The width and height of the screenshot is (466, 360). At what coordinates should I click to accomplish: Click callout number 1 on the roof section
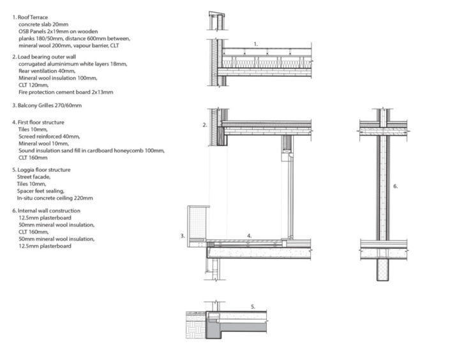[x=256, y=44]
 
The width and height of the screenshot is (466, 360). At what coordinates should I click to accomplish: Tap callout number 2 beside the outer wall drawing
[x=205, y=125]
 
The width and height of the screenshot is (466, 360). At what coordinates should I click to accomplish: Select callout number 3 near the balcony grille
[x=183, y=236]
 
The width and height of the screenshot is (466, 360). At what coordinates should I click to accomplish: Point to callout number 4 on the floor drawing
[x=250, y=236]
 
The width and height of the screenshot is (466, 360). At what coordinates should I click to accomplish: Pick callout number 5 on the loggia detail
[x=253, y=307]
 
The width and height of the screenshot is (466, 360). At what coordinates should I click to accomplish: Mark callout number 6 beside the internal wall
[x=396, y=186]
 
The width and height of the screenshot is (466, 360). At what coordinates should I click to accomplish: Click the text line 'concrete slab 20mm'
[x=44, y=24]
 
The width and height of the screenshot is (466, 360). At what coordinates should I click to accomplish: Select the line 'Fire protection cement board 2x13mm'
[x=66, y=93]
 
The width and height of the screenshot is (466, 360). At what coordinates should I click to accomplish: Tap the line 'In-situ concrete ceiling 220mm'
[x=56, y=198]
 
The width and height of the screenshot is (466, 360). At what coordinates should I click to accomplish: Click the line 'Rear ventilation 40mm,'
[x=49, y=71]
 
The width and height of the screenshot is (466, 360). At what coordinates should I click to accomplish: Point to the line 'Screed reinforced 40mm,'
[x=49, y=136]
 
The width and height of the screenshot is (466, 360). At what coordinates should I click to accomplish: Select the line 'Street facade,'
[x=36, y=177]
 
